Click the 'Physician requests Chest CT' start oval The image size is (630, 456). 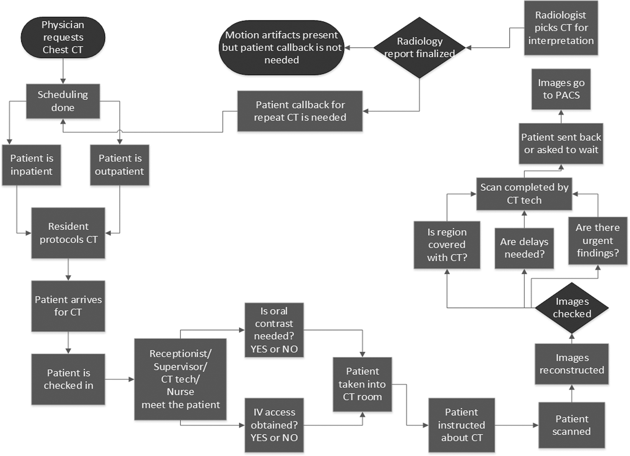[x=63, y=37]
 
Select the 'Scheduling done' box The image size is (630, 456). [x=63, y=101]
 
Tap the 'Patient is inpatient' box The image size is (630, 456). [x=31, y=165]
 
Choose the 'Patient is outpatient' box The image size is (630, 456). [x=119, y=165]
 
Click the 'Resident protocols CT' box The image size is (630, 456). [x=68, y=233]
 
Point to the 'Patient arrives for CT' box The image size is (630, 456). [x=68, y=306]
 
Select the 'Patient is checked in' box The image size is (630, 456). [x=68, y=379]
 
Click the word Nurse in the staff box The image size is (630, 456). [x=180, y=392]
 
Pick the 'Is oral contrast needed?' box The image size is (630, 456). [x=274, y=330]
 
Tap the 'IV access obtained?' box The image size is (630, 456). [x=274, y=425]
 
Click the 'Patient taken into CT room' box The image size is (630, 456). [x=362, y=384]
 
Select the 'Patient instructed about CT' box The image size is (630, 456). [x=461, y=425]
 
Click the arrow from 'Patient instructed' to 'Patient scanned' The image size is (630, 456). [x=516, y=425]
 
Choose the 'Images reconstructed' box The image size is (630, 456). [x=572, y=363]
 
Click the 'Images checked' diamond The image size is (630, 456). [x=572, y=307]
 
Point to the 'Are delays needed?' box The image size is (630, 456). [x=524, y=248]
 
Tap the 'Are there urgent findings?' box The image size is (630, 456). [x=597, y=240]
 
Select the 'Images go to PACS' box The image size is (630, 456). [x=561, y=89]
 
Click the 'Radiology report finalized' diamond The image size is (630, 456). [x=419, y=48]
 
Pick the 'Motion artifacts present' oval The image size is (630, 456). [x=281, y=48]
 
